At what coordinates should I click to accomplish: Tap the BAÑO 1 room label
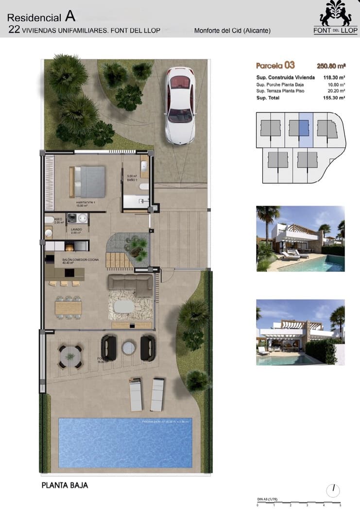coord(132,178)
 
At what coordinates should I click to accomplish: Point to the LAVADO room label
coord(76,231)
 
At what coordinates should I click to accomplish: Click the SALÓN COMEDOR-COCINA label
coord(80,260)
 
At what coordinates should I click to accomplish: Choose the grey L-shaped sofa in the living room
coord(130,283)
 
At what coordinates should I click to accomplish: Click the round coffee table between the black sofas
coord(128,348)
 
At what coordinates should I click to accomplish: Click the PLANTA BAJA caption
coord(65,485)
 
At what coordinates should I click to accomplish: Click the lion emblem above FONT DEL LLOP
coord(335,14)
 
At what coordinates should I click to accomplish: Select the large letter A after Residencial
coord(70,17)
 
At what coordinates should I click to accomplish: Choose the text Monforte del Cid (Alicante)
coord(232,31)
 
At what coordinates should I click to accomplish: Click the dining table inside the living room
coord(69,307)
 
